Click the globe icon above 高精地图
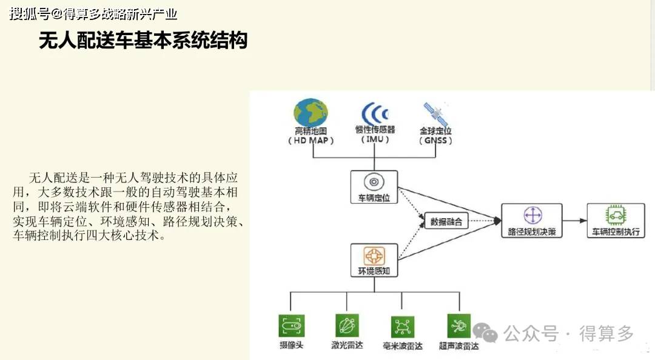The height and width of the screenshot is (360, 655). pos(311,112)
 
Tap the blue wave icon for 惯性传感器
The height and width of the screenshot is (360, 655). pos(375,113)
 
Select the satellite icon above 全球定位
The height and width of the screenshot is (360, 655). pos(435,114)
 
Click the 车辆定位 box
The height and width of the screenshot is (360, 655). pos(374,187)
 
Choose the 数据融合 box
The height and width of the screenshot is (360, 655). pos(446,221)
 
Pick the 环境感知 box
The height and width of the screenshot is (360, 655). pos(374,261)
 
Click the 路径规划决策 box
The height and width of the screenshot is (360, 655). pos(532,221)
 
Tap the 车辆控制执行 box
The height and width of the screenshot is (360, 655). pos(616,221)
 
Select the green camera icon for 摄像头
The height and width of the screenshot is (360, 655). pos(291,325)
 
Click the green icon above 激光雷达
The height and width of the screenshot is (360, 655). pos(347,325)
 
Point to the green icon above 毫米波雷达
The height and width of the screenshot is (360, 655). pos(402,327)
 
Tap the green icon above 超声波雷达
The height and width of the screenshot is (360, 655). pos(458,325)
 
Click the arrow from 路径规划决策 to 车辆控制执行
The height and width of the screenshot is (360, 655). pos(574,221)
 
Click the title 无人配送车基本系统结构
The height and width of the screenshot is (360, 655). pos(143,41)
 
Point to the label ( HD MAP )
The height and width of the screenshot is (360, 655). pos(311,141)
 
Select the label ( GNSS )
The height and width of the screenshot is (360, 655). pos(435,141)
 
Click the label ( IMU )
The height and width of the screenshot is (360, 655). pos(375,139)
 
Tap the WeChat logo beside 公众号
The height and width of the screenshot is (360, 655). pos(485,333)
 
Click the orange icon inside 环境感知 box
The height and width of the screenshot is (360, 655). pos(374,256)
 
